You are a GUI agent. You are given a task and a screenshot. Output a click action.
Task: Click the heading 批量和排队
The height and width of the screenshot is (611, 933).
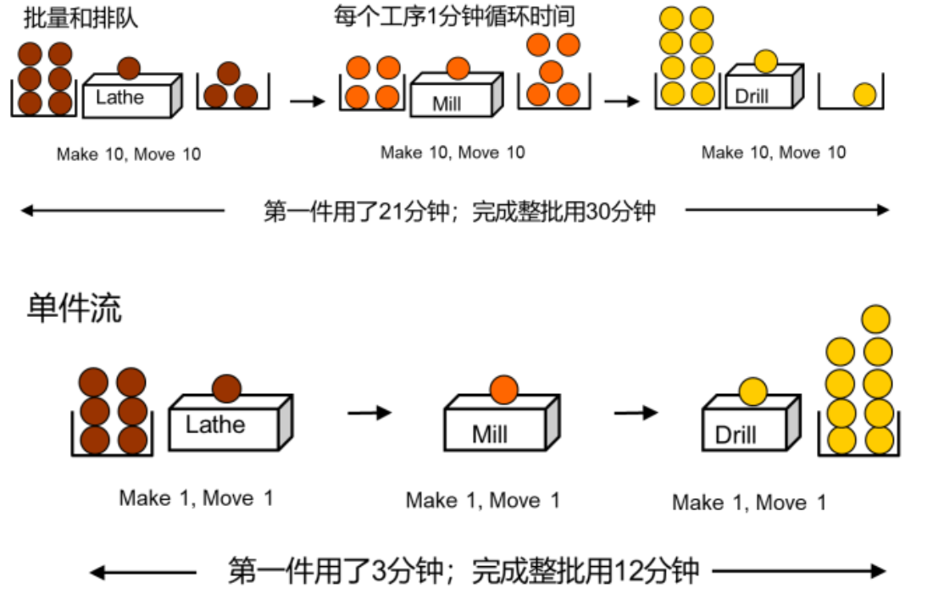pos(81,17)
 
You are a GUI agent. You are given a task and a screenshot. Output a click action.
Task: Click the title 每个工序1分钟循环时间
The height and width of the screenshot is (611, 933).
pos(454,15)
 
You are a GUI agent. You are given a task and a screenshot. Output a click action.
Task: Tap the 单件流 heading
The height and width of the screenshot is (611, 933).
pos(75,308)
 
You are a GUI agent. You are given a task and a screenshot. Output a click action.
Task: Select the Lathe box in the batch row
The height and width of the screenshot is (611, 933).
pos(132,95)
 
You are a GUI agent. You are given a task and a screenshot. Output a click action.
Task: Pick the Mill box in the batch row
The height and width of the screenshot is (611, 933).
pos(457,94)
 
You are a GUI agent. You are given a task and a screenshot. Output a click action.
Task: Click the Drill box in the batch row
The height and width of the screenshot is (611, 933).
pos(764,86)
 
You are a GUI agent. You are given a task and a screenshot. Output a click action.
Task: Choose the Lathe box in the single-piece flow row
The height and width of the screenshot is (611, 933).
pos(230,422)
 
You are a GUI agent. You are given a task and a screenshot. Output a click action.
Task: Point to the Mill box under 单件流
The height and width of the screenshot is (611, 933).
pos(502,422)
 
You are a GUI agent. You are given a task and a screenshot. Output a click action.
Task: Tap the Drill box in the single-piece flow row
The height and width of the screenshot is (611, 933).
pos(751,422)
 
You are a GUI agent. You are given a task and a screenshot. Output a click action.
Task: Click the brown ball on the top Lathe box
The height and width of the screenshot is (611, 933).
pos(129,69)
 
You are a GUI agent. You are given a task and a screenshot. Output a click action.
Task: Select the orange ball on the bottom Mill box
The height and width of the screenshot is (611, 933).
pos(504,391)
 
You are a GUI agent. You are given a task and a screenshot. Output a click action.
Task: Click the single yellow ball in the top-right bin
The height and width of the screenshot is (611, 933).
pos(864,95)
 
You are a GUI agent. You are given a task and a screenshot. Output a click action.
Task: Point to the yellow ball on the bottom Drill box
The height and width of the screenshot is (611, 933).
pos(753,392)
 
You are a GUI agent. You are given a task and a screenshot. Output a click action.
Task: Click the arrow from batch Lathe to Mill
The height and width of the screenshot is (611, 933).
pos(308,101)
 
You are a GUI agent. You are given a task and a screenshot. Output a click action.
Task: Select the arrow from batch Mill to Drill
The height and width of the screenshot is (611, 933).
pos(622,101)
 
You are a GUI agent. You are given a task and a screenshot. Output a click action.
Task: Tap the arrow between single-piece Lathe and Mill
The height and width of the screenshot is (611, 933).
pos(369,413)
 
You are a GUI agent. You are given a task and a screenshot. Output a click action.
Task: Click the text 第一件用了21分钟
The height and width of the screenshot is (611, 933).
pos(357,211)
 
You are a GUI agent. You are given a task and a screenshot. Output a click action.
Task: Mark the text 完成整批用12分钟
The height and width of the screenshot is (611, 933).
pos(585,571)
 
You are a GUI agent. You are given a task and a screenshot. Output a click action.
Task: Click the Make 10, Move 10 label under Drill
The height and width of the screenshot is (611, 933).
pos(774,153)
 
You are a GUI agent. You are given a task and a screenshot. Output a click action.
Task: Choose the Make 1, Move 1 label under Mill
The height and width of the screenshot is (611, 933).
pos(482,500)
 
